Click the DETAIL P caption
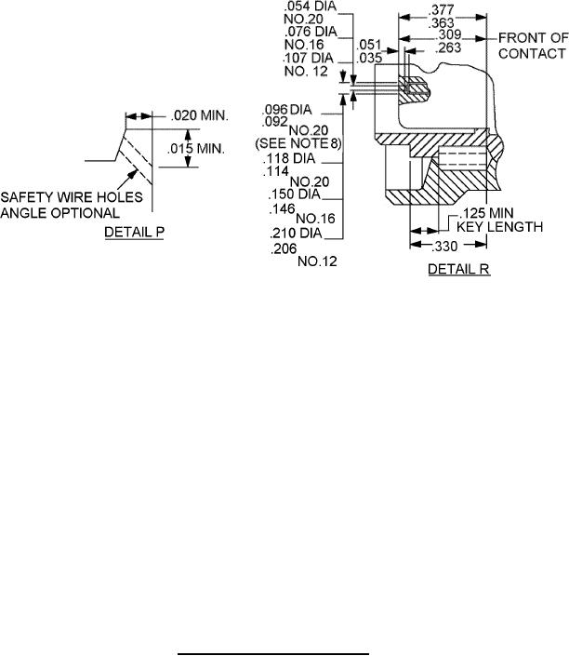[x=134, y=232]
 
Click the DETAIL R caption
[x=458, y=269]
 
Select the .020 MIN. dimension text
[x=200, y=115]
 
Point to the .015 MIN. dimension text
[x=196, y=148]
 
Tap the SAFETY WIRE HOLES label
[x=72, y=197]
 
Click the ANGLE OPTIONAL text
[x=60, y=213]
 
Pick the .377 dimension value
[x=442, y=9]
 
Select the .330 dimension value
[x=445, y=247]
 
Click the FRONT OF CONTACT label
[x=533, y=46]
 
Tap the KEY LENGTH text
[x=499, y=227]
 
